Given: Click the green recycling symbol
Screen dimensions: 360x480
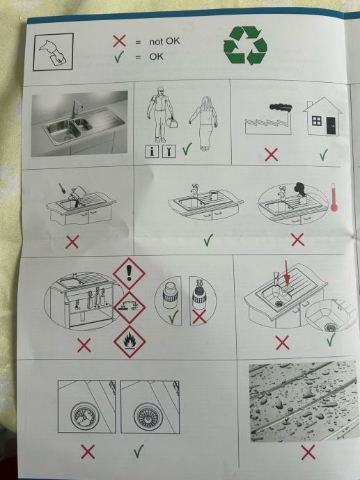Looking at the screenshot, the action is tap(245, 45).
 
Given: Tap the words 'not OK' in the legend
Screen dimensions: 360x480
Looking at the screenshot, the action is tap(164, 41).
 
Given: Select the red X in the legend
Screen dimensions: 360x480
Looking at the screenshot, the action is tap(119, 41).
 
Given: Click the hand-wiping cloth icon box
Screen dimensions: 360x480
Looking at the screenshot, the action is tap(54, 52).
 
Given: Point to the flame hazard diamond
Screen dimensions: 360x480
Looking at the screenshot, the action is tap(130, 342).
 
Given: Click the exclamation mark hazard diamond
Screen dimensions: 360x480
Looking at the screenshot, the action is tap(130, 273).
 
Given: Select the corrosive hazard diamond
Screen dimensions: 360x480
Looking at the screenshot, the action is tap(130, 307).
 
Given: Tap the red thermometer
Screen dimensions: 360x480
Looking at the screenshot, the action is tap(334, 198).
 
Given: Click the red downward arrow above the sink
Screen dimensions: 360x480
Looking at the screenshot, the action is tap(286, 273).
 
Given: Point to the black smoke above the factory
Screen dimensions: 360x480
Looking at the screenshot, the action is tap(281, 107).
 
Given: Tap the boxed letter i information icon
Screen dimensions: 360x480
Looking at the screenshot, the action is tap(152, 151).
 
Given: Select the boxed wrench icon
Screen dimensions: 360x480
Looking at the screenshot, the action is tap(169, 151).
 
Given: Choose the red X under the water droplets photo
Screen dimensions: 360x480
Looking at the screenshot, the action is tap(308, 452).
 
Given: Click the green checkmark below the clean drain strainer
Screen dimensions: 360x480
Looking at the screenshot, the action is tap(139, 451).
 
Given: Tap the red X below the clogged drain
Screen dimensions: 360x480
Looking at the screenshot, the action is tap(88, 452).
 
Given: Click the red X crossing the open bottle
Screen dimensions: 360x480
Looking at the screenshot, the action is tap(199, 317).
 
